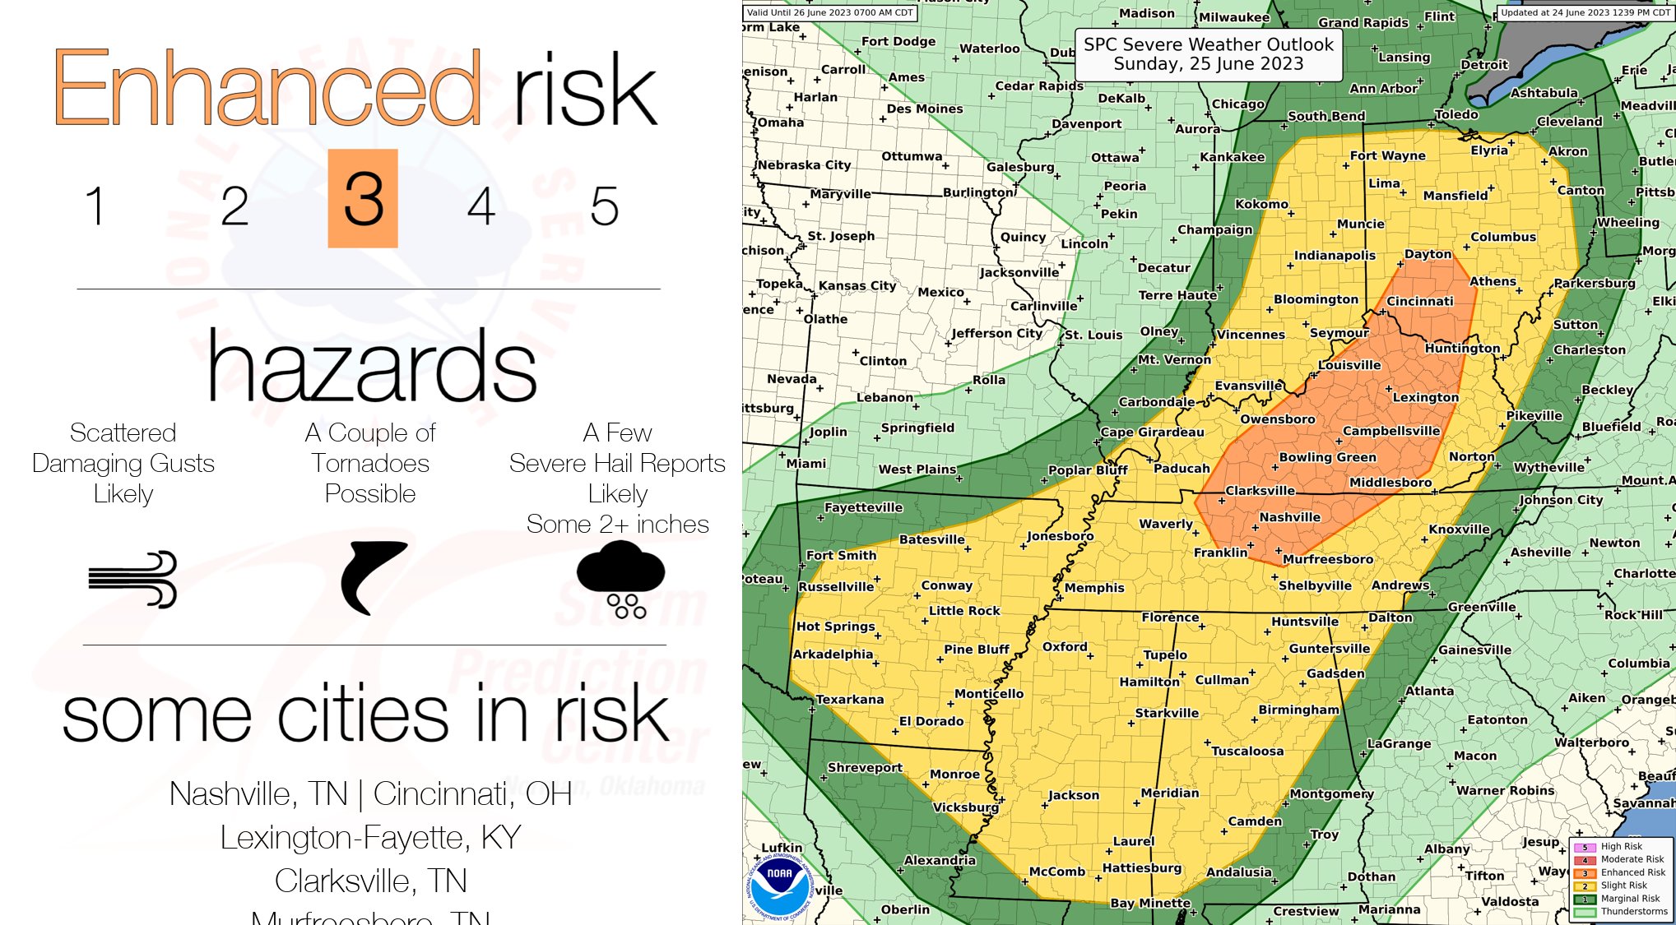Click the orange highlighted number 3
(363, 198)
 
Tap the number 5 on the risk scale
(604, 206)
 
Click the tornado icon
(372, 577)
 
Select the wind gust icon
(133, 579)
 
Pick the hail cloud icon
(620, 579)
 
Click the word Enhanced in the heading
(267, 88)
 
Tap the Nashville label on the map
(1289, 517)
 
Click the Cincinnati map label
(1419, 301)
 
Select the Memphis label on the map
(1093, 588)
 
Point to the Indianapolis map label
(1335, 256)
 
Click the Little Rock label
(964, 611)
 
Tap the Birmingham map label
(1298, 710)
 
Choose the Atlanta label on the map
(1429, 691)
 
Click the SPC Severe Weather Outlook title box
(1208, 54)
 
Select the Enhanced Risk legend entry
(1632, 872)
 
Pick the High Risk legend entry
(1620, 846)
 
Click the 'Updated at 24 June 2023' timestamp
(1585, 12)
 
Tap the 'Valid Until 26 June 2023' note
(829, 12)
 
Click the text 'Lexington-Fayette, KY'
(370, 837)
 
